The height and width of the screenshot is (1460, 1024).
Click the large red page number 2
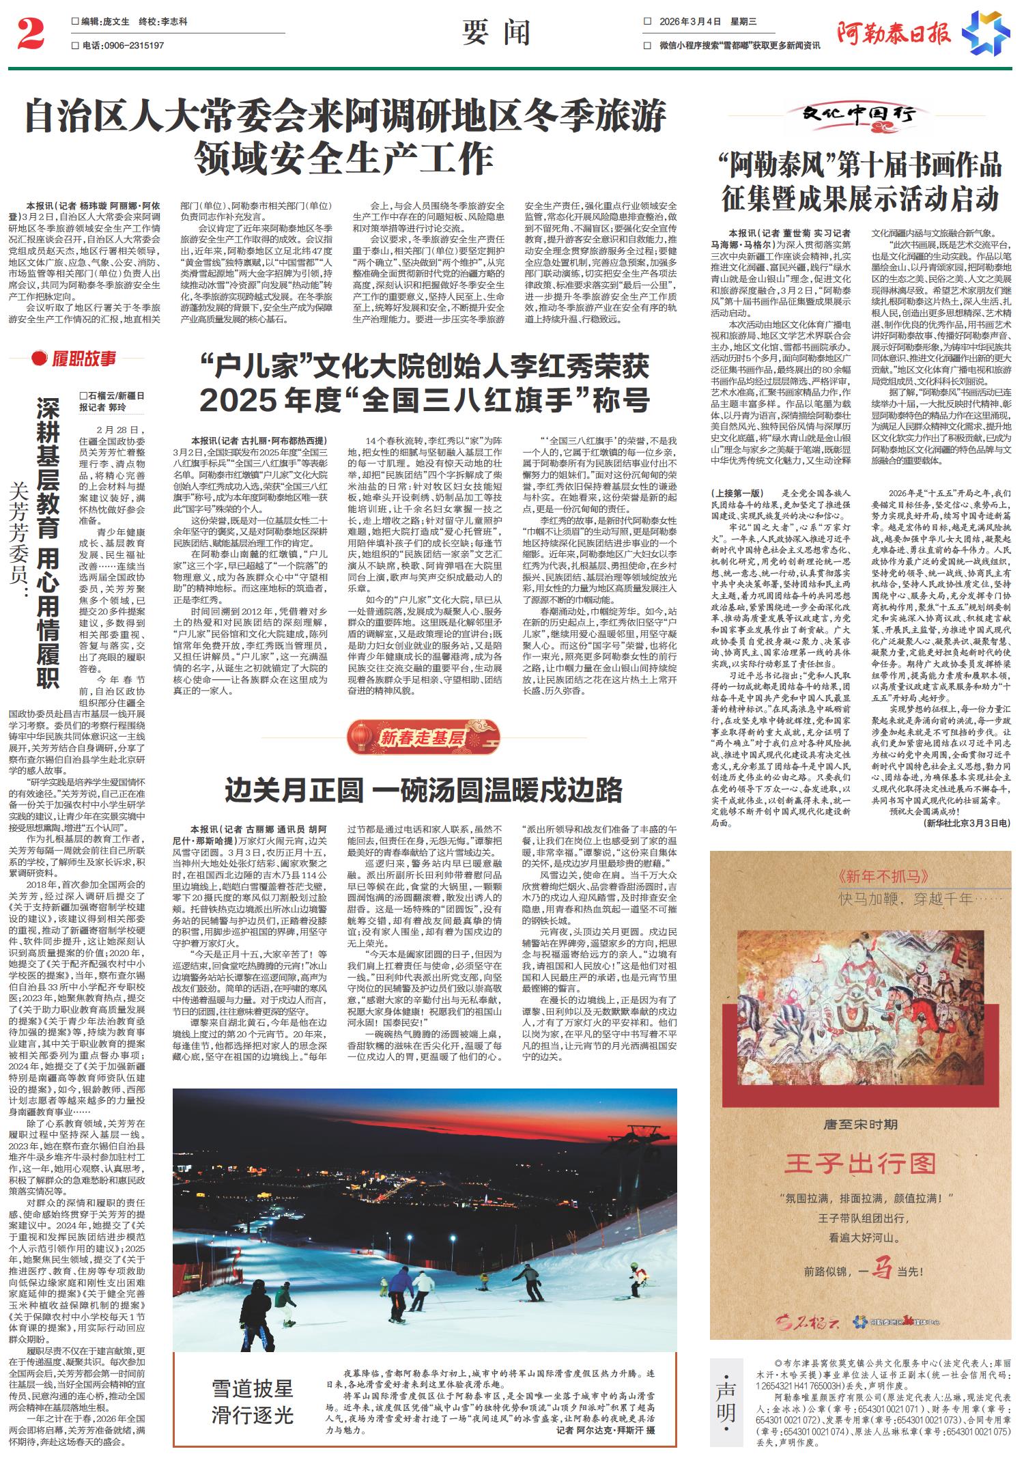coord(30,35)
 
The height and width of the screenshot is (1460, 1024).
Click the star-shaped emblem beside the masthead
coord(986,33)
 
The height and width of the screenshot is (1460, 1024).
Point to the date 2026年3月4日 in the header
coord(690,22)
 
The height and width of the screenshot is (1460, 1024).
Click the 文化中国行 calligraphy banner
coord(859,115)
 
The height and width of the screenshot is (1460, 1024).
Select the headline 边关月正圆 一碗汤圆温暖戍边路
coord(423,790)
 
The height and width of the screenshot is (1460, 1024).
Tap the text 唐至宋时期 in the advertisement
coord(860,1124)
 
